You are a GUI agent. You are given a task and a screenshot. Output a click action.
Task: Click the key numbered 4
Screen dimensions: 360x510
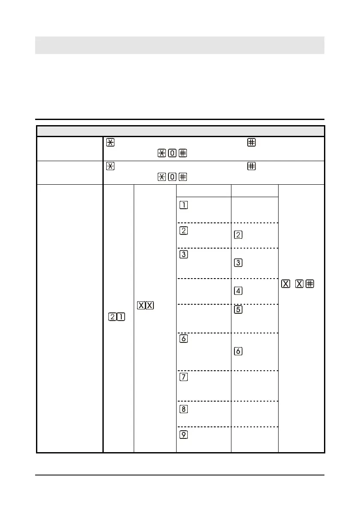coord(239,291)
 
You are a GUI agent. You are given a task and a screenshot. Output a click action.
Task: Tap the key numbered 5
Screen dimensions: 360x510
coord(239,310)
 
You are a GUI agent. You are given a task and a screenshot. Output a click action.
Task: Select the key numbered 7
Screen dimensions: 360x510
coord(183,377)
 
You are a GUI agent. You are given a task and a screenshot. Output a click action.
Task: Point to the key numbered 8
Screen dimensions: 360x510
coord(183,408)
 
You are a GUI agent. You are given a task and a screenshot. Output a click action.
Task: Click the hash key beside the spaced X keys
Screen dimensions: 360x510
coord(309,284)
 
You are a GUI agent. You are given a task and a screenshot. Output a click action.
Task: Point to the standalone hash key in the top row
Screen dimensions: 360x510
coord(250,143)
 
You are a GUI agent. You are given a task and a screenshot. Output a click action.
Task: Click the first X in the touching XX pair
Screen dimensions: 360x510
coord(141,306)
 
